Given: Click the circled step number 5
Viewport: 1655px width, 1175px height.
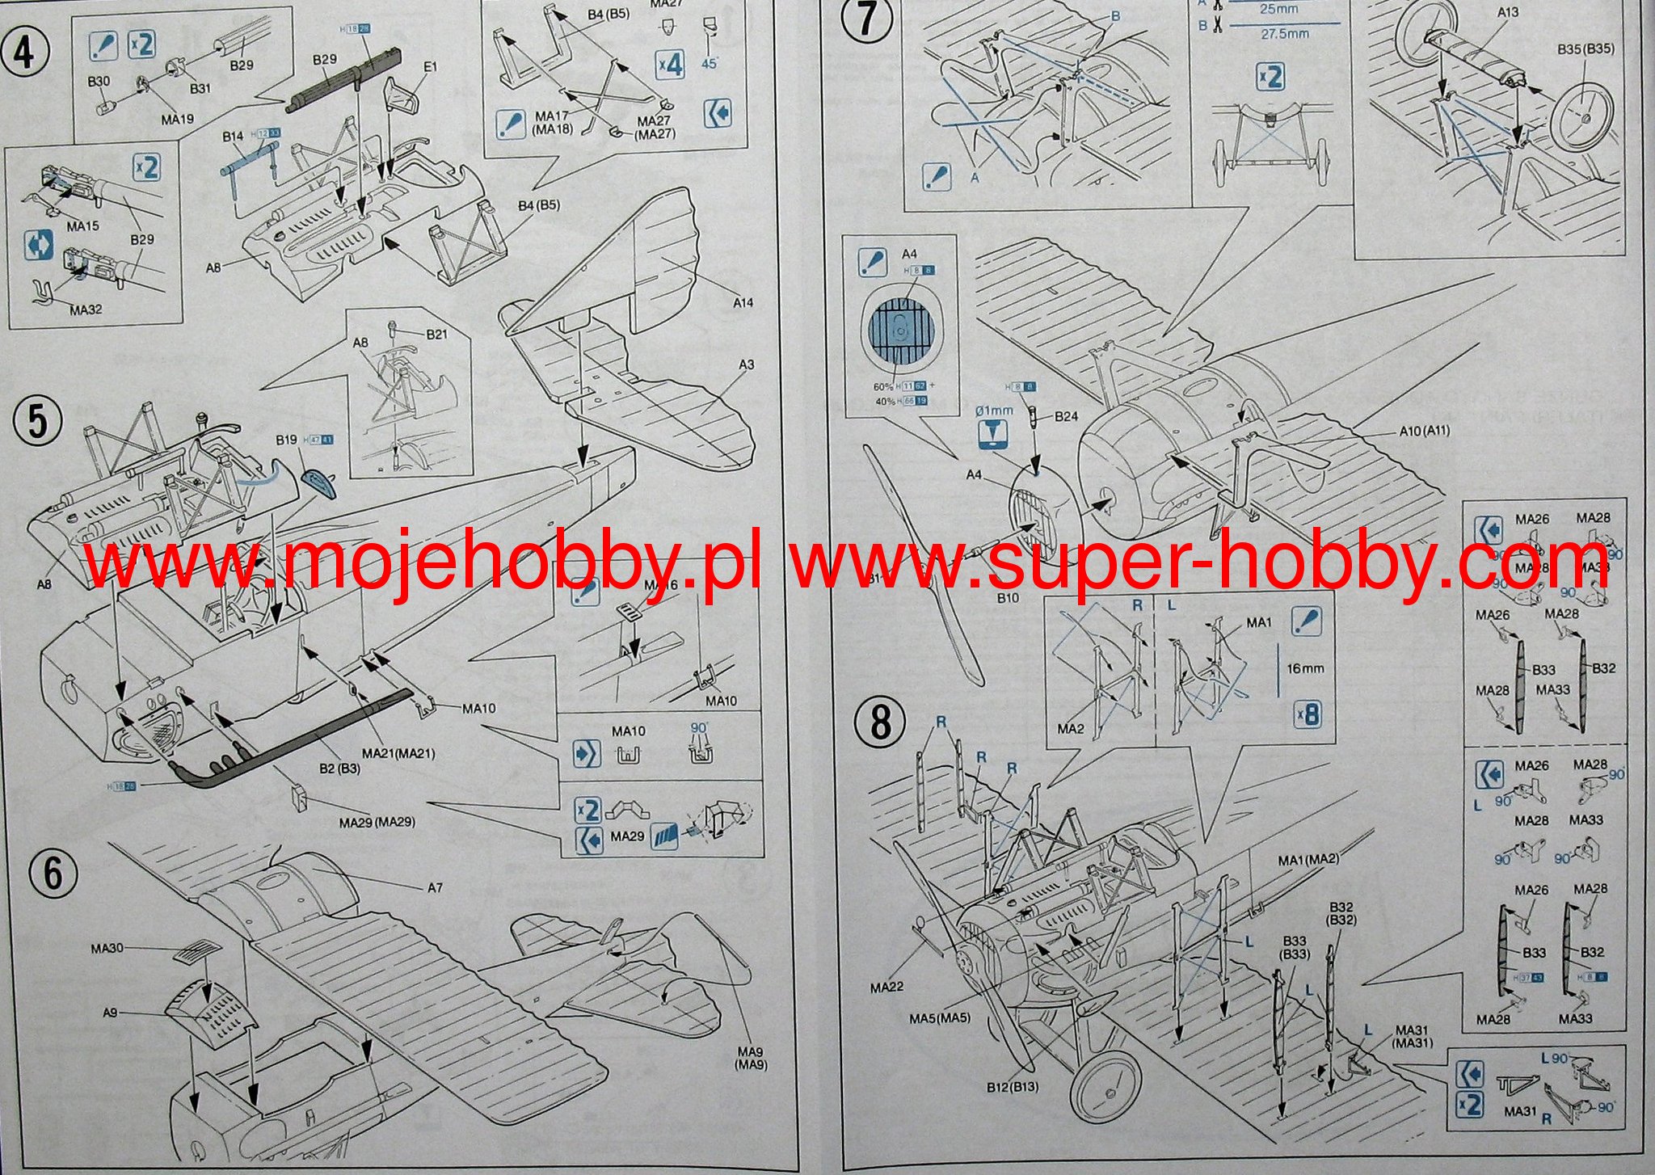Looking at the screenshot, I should click(37, 422).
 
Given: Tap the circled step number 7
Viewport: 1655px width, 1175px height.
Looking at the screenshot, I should click(865, 19).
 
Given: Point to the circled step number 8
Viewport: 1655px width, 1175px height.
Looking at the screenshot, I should click(880, 722).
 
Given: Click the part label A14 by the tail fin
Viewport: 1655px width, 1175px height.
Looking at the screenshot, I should click(743, 302).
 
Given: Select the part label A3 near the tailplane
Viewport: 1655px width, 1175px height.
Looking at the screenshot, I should click(746, 364).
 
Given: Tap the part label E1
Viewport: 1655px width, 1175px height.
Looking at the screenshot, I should click(429, 66).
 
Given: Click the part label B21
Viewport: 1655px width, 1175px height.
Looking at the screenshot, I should click(436, 334).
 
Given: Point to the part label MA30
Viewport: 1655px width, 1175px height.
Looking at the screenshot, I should click(107, 947).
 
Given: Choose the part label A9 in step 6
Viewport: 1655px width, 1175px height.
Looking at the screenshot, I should click(111, 1012).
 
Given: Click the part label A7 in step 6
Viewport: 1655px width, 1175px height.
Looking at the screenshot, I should click(435, 887).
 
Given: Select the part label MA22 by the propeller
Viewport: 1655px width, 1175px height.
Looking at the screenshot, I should click(886, 987).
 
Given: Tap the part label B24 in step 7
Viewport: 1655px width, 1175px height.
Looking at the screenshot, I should click(1066, 417).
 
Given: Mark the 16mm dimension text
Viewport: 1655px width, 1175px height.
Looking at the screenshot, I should click(1305, 668).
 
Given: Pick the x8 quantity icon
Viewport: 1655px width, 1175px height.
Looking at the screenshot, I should click(1307, 714).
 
